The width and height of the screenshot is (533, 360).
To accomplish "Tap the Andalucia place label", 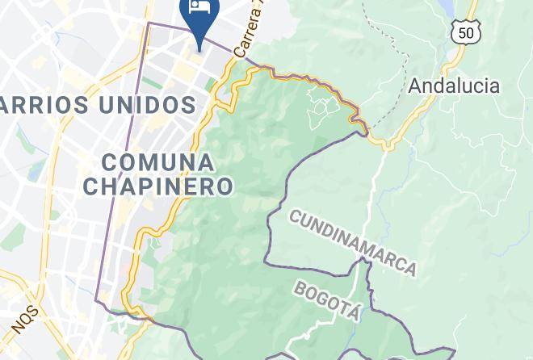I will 453,85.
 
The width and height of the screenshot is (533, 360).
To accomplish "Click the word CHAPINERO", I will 158,186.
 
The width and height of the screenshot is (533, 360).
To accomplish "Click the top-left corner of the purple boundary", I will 148,23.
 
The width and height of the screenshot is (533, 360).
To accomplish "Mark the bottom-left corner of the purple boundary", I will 97,301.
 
